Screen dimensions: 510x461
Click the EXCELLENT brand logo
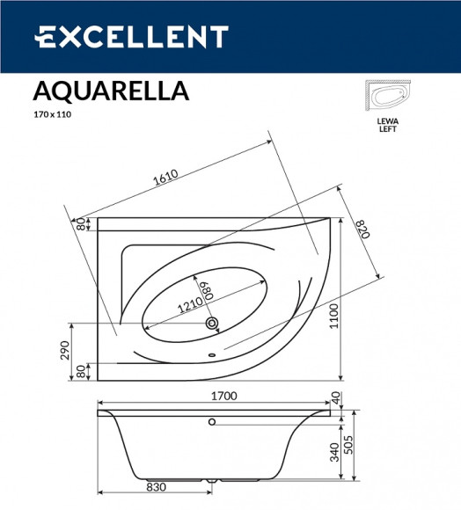131,37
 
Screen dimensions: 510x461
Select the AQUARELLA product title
110,91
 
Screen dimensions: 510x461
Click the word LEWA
387,120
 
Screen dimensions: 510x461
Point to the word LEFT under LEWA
387,128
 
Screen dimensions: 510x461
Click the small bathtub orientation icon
387,97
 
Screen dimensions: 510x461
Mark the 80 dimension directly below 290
79,372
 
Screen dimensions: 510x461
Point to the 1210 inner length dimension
190,306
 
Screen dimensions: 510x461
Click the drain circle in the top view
211,324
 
